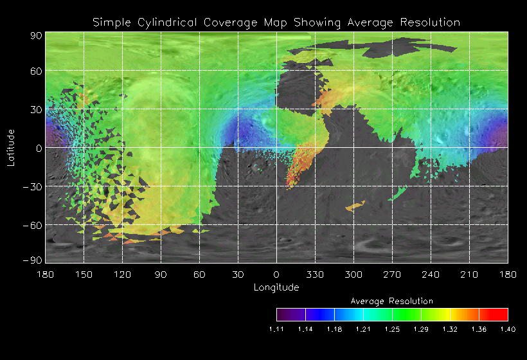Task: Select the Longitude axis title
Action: point(276,287)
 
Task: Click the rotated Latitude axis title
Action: point(11,147)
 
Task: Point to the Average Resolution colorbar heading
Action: point(392,301)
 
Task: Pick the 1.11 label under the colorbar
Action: point(276,329)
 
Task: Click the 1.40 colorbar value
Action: point(508,329)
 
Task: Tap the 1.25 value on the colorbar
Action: point(392,329)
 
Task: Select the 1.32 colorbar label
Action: point(450,329)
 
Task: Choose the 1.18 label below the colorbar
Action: point(334,329)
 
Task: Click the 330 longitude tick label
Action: point(315,274)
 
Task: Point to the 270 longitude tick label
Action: point(392,274)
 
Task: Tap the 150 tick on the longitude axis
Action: point(84,274)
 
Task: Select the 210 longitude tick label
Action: point(469,274)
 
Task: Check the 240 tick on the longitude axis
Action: point(431,274)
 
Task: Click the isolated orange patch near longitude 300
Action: point(355,206)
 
